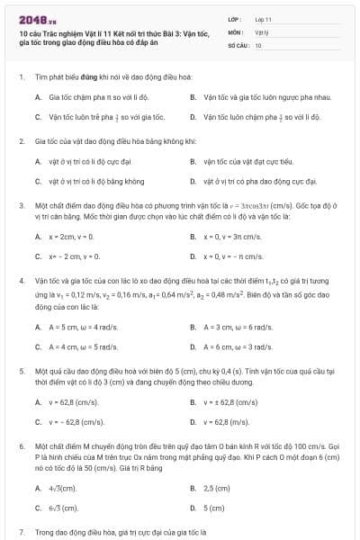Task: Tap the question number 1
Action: [x=21, y=78]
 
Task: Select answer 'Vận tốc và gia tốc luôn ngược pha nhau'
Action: [x=261, y=96]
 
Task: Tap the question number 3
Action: [x=21, y=206]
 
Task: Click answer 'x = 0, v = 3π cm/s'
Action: [x=232, y=237]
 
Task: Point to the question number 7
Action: [x=21, y=532]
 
